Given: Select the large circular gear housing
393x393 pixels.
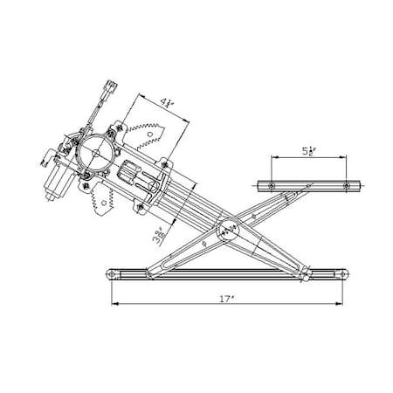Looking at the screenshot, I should (93, 155).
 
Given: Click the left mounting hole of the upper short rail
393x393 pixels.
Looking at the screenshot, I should (272, 186).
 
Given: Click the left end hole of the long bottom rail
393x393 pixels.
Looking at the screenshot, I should (114, 275).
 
